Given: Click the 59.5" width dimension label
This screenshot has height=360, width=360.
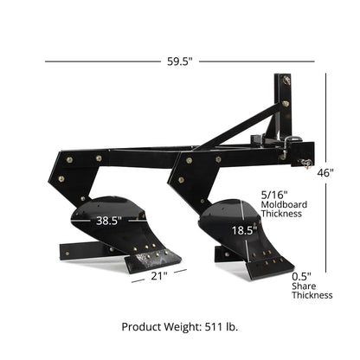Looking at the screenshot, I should [x=179, y=61].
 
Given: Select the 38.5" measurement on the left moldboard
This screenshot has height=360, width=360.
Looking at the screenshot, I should [x=107, y=221].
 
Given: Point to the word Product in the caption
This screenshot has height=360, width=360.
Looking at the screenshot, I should [x=141, y=327].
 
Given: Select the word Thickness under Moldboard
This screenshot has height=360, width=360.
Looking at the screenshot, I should [x=280, y=213].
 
